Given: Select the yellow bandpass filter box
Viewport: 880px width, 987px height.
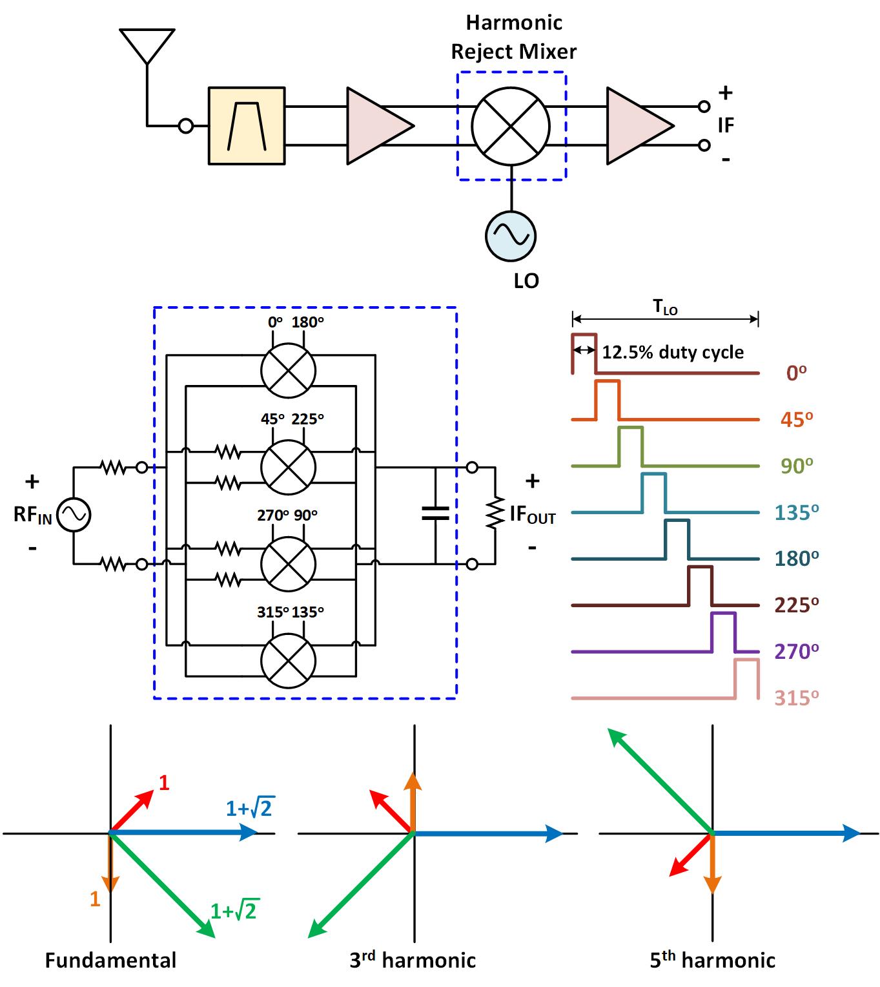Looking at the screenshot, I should click(246, 126).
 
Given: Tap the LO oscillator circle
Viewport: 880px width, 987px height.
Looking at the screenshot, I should click(510, 236).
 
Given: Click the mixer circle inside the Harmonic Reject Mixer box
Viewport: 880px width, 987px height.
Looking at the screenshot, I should click(510, 126).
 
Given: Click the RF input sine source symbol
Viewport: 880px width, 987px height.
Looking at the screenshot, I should click(74, 515).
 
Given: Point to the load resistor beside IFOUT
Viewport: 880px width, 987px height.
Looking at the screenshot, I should click(495, 514).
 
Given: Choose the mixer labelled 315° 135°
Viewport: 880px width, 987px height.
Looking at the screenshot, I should click(288, 660).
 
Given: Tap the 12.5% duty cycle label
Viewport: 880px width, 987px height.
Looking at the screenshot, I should click(673, 353).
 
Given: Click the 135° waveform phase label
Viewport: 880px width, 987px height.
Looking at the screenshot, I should click(797, 512).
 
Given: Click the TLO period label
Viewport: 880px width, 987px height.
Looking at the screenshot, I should click(665, 308).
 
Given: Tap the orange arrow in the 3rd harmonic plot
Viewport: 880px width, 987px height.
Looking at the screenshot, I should click(413, 801).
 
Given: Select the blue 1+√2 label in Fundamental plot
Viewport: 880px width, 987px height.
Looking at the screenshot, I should click(250, 808).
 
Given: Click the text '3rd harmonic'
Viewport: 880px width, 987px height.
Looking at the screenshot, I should click(413, 961).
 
